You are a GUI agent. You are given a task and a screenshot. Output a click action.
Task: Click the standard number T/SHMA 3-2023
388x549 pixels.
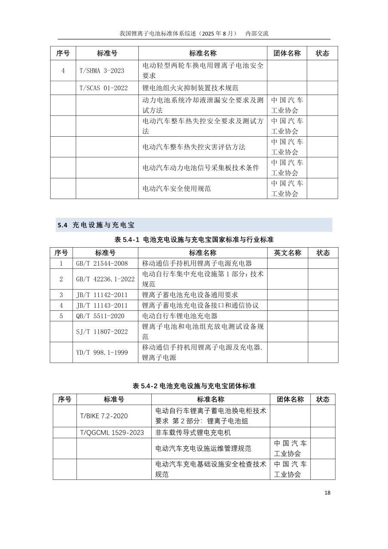[102, 71]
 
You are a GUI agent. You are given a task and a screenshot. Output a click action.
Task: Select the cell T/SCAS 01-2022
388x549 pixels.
[104, 88]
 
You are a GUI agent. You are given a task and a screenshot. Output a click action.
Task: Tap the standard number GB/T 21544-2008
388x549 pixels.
[102, 264]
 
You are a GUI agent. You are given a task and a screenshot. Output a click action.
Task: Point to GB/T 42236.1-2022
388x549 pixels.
[105, 279]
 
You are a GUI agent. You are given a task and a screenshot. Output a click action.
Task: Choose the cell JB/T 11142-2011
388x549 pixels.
[102, 295]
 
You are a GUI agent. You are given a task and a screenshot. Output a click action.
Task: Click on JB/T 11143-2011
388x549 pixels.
[102, 305]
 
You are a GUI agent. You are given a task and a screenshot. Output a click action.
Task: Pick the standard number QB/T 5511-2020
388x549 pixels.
[100, 316]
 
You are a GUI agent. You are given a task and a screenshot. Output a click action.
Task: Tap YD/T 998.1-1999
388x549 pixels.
[102, 353]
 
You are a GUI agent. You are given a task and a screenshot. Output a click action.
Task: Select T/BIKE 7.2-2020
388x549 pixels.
[104, 416]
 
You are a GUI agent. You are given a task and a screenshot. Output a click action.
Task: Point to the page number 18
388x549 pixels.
[327, 493]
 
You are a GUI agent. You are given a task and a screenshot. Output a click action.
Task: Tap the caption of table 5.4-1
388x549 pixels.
[194, 239]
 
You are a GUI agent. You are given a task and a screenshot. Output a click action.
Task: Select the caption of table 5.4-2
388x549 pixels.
[194, 386]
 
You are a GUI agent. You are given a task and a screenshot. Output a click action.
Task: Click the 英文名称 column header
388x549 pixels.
[287, 253]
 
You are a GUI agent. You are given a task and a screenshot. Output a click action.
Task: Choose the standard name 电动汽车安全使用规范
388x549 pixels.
[177, 188]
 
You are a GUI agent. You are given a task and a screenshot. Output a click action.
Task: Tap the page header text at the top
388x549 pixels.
[194, 34]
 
